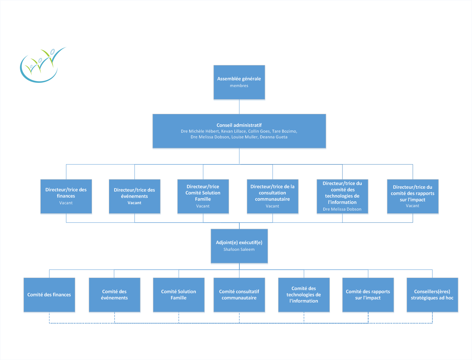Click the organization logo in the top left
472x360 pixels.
pos(42,65)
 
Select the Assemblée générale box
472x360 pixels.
pos(239,82)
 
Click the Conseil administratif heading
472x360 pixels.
pos(239,125)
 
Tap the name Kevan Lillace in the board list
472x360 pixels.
pos(233,131)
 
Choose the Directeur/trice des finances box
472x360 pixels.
pos(66,196)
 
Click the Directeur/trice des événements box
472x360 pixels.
pos(135,196)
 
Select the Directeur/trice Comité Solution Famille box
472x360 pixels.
pos(203,196)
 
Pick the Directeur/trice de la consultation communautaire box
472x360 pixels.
pos(273,196)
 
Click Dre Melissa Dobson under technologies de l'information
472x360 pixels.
pos(342,209)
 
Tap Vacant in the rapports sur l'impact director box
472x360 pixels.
pos(412,206)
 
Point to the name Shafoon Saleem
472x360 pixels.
pos(239,250)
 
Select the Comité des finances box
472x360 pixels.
pos(49,295)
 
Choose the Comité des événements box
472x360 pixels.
pos(114,295)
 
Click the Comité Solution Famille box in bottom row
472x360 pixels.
pos(178,295)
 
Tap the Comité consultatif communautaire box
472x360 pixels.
pos(239,295)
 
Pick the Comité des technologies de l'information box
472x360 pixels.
pos(304,295)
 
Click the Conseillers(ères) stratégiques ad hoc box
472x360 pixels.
pos(432,295)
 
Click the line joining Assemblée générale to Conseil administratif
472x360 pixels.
pos(239,107)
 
